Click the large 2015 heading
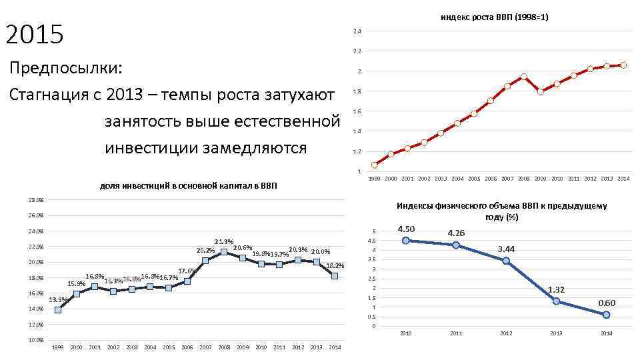(34, 35)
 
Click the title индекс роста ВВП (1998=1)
(494, 16)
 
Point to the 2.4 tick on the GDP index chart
(357, 32)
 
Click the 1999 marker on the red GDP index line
(374, 165)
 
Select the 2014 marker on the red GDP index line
(623, 65)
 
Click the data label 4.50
(406, 229)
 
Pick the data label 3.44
(507, 249)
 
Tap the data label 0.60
(607, 303)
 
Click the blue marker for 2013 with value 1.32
(556, 301)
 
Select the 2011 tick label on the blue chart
(456, 333)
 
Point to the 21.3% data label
(224, 241)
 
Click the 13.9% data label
(57, 299)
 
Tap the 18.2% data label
(335, 265)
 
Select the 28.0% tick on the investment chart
(37, 200)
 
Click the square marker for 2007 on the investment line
(205, 261)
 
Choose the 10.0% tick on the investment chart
(37, 340)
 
